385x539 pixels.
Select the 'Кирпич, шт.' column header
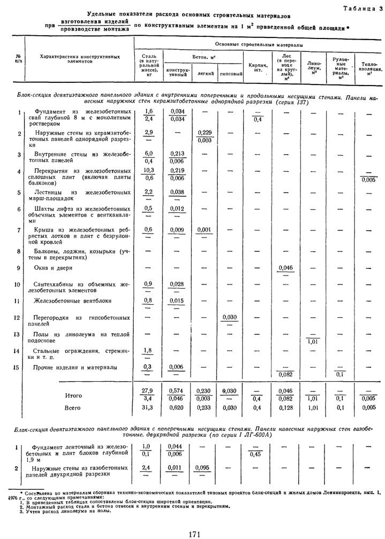[255, 68]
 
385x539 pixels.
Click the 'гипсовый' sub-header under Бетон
[229, 73]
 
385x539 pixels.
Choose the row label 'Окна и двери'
[54, 267]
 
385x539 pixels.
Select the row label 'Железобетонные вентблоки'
[66, 301]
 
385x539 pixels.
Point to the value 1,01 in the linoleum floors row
[313, 340]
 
